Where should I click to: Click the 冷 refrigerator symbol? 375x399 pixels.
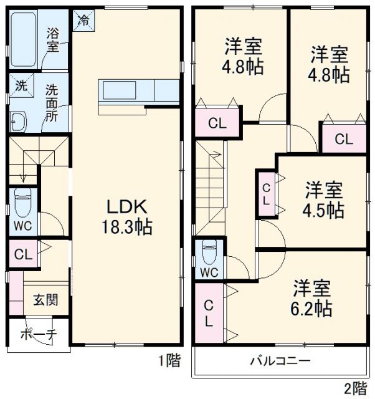82,19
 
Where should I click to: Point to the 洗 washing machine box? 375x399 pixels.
21,86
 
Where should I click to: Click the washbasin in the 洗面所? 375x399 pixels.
19,120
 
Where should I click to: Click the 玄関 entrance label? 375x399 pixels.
45,300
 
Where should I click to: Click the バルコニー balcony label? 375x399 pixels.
280,361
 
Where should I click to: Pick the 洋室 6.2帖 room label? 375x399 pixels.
312,298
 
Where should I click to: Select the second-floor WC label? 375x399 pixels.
209,271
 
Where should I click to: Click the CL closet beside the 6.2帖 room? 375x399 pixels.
208,313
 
